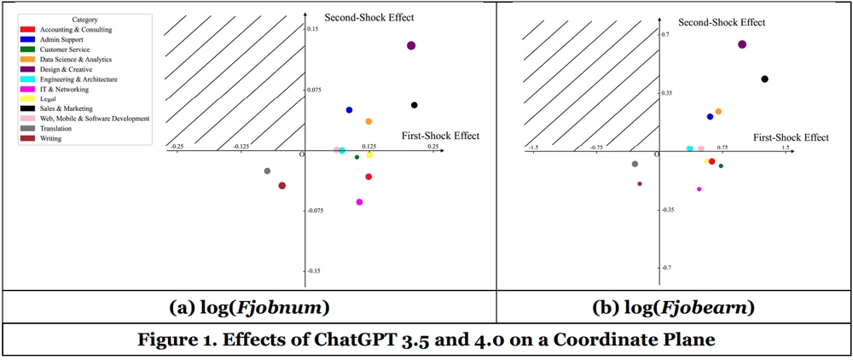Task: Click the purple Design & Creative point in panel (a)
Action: pyautogui.click(x=411, y=45)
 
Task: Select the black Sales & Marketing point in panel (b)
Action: pyautogui.click(x=764, y=79)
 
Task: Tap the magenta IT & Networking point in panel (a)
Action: pyautogui.click(x=359, y=202)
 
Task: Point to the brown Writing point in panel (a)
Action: pyautogui.click(x=282, y=185)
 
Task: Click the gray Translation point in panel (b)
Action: pyautogui.click(x=635, y=164)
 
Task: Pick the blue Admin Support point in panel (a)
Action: pyautogui.click(x=349, y=110)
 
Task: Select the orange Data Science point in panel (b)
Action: pyautogui.click(x=718, y=112)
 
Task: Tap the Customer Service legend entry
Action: pyautogui.click(x=65, y=49)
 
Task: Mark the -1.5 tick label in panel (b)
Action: pyautogui.click(x=533, y=148)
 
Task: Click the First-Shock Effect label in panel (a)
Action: pyautogui.click(x=440, y=136)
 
